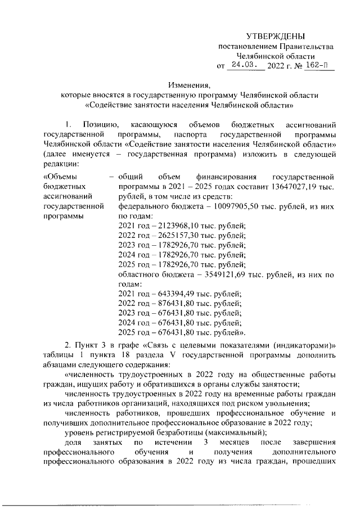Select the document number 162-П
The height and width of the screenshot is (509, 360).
[x=318, y=66]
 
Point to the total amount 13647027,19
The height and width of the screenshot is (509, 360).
[x=297, y=186]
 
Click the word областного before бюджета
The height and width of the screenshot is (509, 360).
[x=142, y=276]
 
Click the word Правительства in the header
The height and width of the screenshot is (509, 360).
[x=305, y=46]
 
